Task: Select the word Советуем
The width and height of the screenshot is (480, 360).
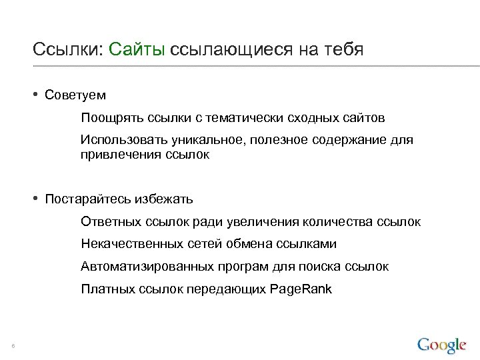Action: (x=75, y=95)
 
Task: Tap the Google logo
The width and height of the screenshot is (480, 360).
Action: (x=441, y=345)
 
